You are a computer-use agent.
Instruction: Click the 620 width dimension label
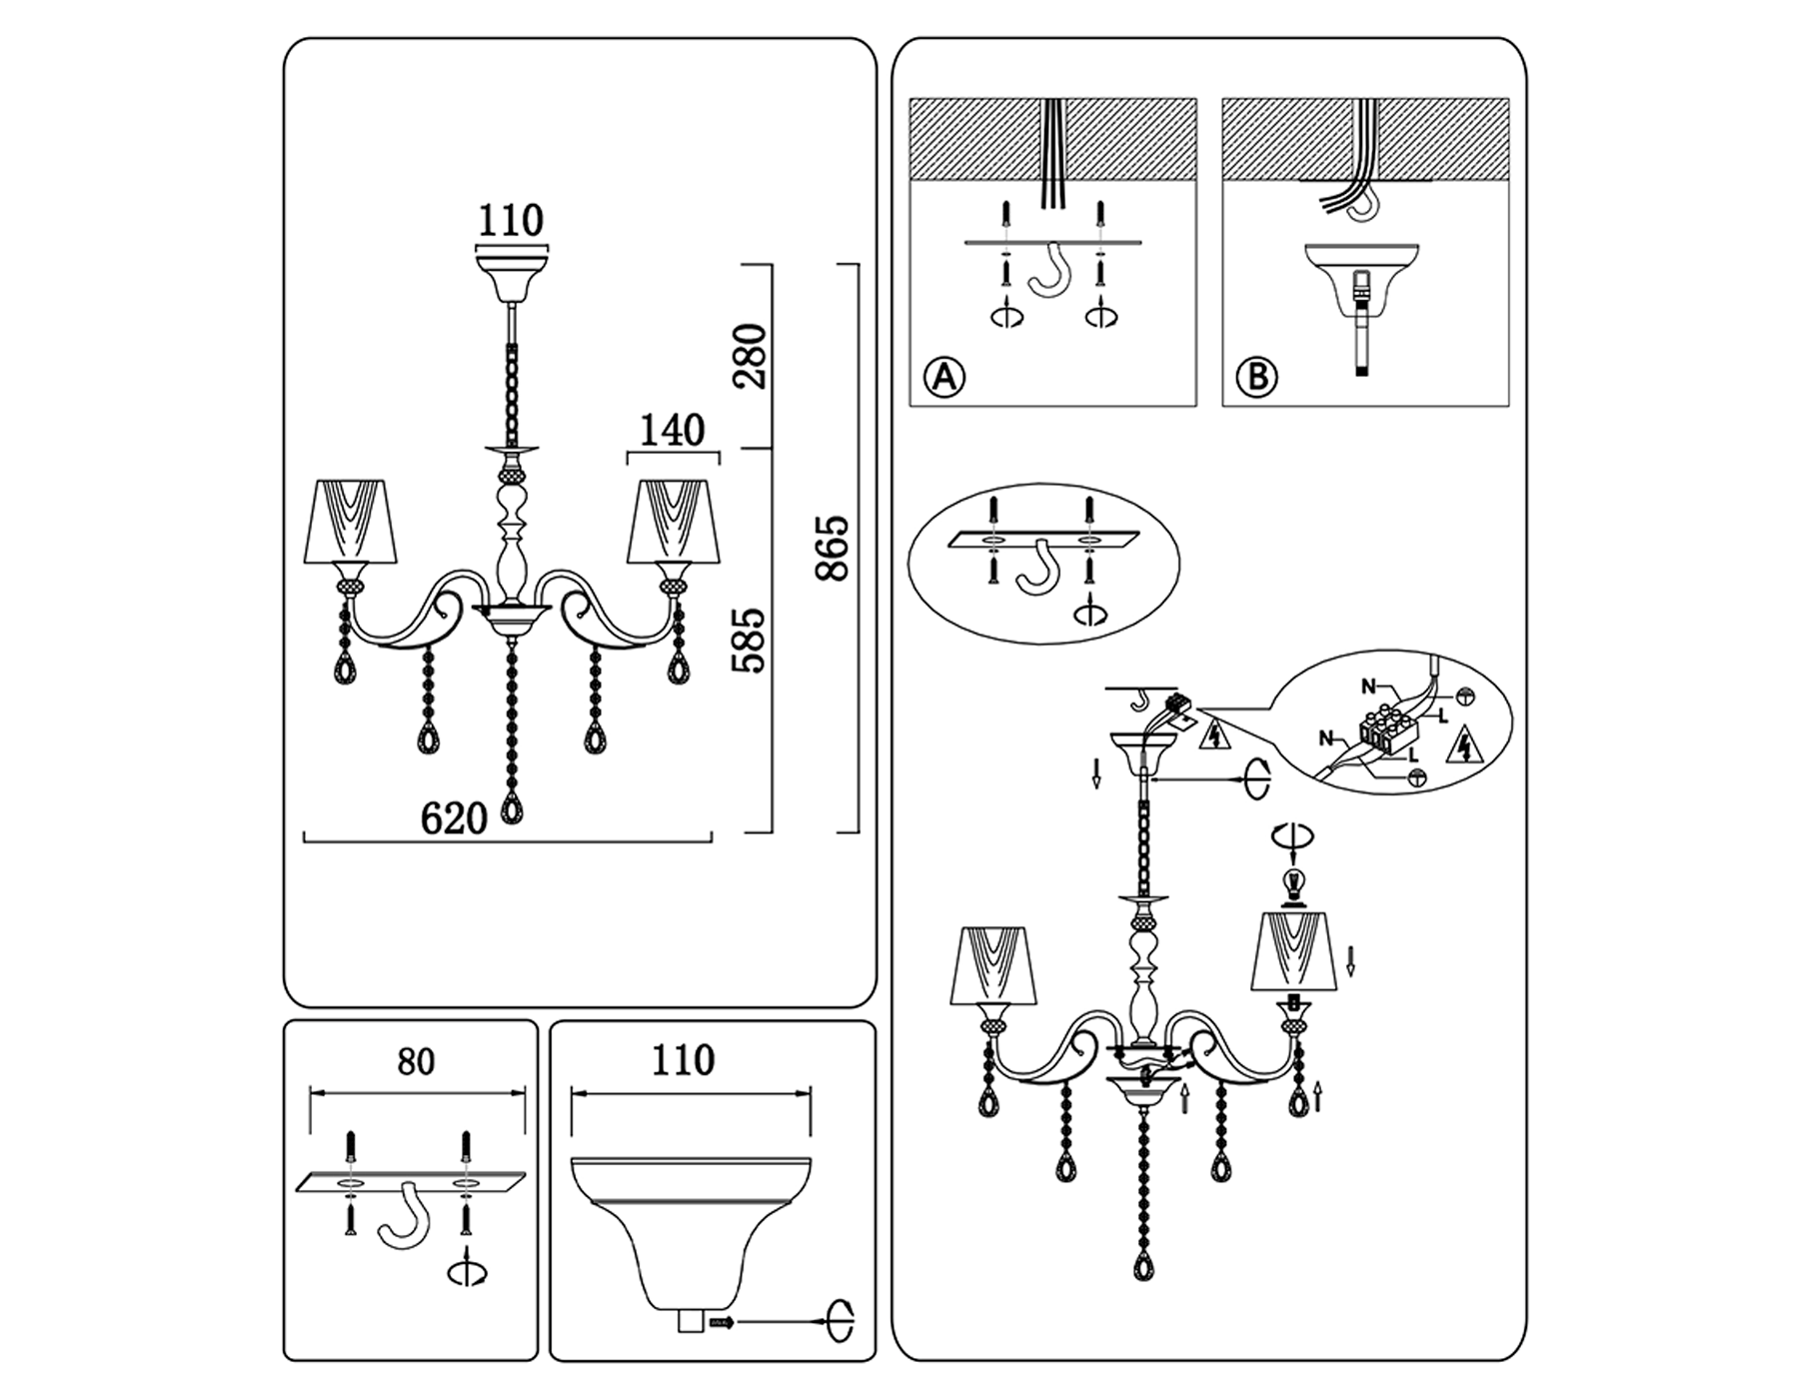coord(454,818)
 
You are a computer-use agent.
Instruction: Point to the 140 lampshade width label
coord(672,431)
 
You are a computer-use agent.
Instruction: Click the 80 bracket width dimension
coord(416,1061)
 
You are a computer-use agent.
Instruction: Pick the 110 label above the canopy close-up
coord(684,1060)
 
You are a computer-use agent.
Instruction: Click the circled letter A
coord(944,378)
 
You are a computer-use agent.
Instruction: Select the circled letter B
coord(1257,378)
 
